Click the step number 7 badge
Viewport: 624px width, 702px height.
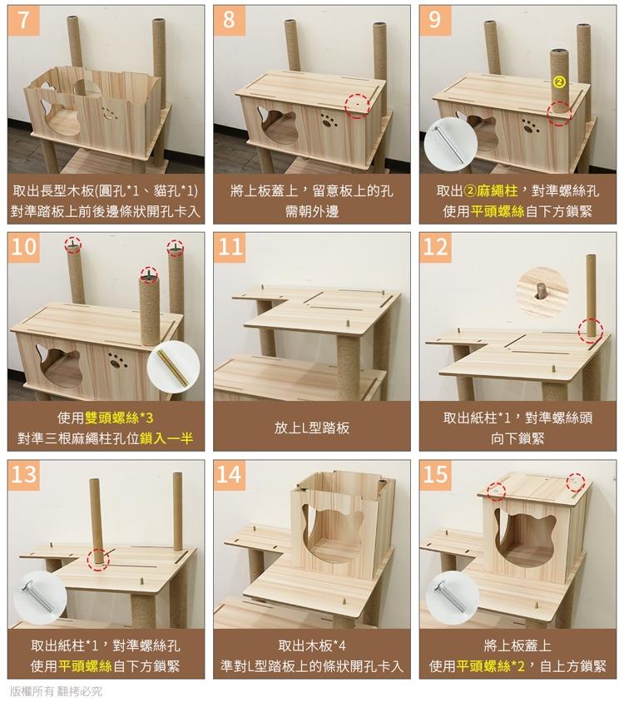[23, 21]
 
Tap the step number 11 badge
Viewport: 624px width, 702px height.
[230, 247]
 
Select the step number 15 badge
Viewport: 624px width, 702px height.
[435, 475]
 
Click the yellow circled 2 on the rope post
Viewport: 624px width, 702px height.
[559, 82]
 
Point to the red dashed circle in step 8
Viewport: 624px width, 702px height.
[357, 106]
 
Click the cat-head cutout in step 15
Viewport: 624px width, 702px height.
[525, 541]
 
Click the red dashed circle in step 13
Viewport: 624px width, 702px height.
[98, 559]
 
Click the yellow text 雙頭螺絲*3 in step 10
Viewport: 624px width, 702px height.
[119, 418]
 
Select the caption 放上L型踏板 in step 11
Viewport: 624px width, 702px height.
[312, 428]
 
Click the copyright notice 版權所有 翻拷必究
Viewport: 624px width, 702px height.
[56, 691]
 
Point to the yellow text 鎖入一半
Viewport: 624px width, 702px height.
[166, 438]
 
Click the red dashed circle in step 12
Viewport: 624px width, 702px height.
[591, 331]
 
